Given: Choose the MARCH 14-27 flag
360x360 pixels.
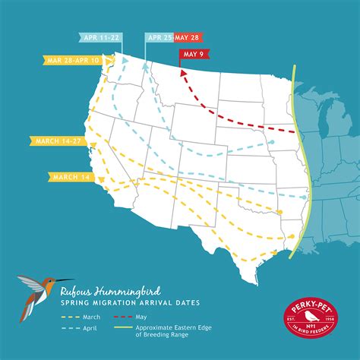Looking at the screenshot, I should point(58,140).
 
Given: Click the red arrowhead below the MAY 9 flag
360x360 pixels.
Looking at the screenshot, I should point(183,72).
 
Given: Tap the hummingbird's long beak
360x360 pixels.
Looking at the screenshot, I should point(65,279).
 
